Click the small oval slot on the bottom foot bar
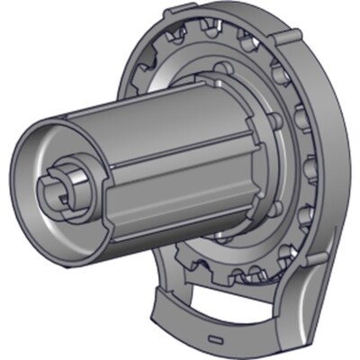click(213, 339)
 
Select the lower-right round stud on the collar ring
click(275, 208)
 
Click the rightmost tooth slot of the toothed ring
click(310, 166)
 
